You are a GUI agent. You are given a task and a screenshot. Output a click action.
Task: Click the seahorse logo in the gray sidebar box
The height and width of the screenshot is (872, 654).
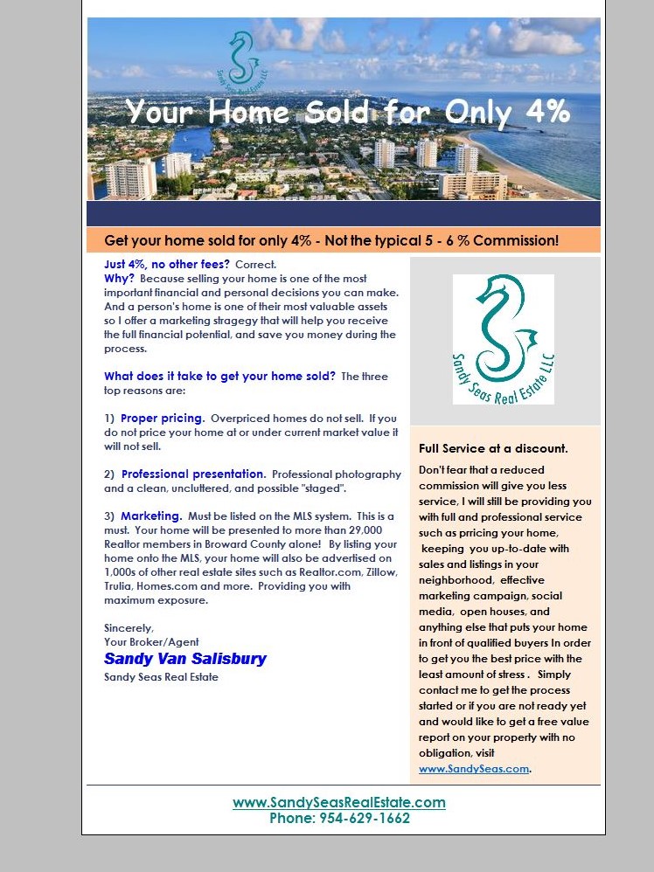pos(504,339)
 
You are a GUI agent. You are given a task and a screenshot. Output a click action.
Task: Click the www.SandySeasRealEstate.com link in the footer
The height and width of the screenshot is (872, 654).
pos(339,802)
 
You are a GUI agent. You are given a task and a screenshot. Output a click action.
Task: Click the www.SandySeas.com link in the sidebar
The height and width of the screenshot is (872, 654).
pos(474,769)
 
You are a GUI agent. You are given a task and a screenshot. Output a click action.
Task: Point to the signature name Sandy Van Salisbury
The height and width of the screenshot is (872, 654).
pos(185,659)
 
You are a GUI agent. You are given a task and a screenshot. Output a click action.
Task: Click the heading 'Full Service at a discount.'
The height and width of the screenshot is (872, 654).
pos(493,448)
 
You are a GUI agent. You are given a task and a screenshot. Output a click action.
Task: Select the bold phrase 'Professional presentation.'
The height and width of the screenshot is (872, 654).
pos(193,474)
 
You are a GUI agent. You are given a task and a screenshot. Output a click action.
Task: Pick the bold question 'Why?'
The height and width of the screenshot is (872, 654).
pos(120,278)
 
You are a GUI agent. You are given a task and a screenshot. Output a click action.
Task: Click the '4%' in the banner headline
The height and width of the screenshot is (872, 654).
pos(536,112)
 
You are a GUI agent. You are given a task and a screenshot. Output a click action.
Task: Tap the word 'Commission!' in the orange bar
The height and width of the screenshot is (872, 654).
pos(517,240)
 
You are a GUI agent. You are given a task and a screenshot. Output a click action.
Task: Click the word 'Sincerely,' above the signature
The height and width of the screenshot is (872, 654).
pos(129,628)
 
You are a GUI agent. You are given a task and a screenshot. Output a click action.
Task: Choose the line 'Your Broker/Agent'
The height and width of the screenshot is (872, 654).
pos(151,642)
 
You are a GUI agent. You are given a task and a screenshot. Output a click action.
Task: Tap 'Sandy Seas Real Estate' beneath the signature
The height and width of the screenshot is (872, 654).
pos(161,677)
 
